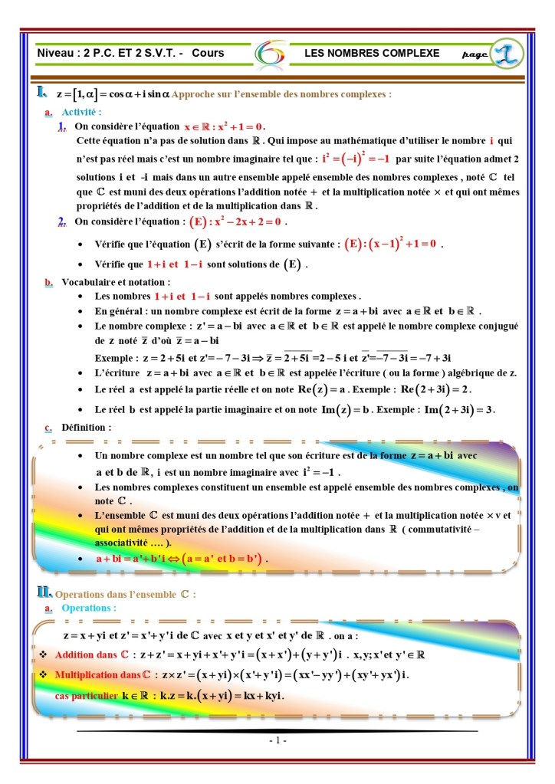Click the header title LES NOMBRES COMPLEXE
point(372,54)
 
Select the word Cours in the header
point(208,54)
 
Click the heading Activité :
point(82,112)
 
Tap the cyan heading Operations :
point(89,608)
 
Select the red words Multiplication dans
point(97,675)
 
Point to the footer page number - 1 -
point(277,742)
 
